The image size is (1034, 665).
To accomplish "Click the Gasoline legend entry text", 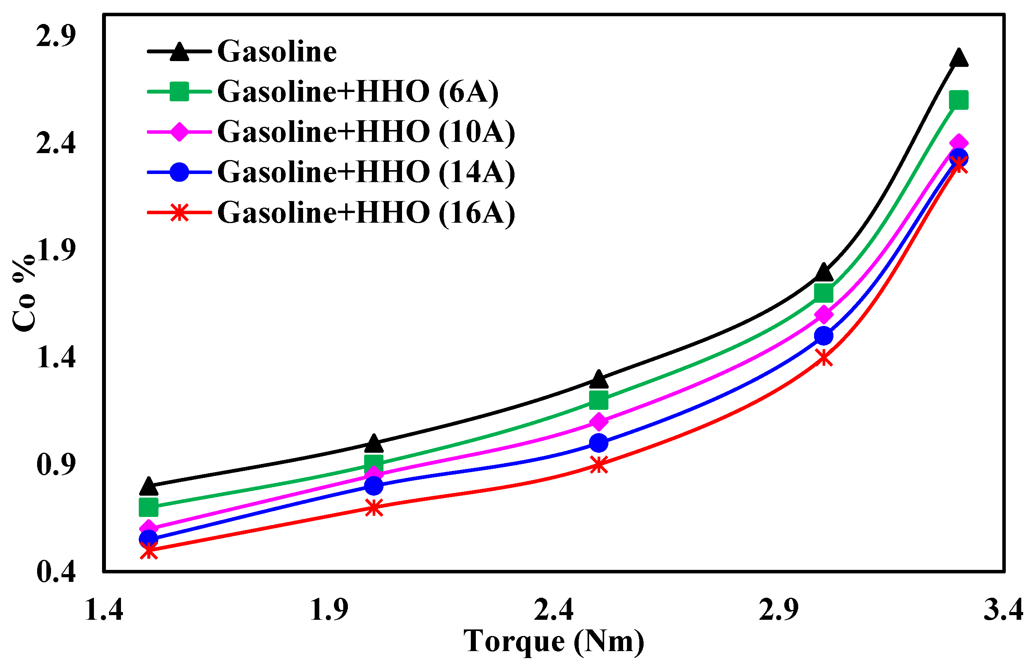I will (277, 51).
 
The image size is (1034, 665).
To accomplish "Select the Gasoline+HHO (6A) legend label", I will (358, 92).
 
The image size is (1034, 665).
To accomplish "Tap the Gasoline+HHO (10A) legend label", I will (366, 132).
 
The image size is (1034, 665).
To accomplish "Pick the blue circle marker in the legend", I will (179, 172).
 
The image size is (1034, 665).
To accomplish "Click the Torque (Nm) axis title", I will (554, 642).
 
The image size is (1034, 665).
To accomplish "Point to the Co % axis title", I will (24, 293).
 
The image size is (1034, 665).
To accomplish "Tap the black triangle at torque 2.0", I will (374, 443).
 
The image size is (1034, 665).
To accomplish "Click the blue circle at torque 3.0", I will (824, 336).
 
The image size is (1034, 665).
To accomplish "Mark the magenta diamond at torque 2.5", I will (599, 421).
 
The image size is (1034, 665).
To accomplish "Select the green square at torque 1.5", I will (148, 507).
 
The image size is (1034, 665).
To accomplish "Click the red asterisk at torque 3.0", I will (824, 358).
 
